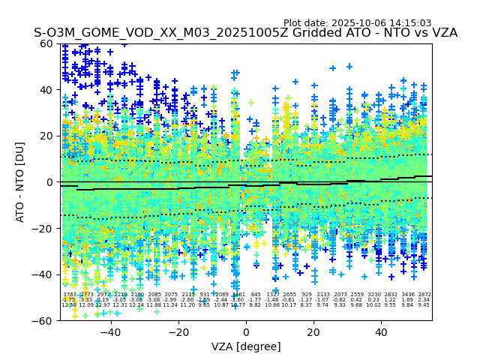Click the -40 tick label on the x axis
pos(110,332)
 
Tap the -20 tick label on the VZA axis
pos(178,332)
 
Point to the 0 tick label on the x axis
pos(246,332)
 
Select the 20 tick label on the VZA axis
pos(313,332)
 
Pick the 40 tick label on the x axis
pos(381,332)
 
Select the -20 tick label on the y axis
pos(46,228)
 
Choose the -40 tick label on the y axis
pos(46,274)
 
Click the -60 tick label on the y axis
pos(46,320)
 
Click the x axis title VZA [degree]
pos(246,346)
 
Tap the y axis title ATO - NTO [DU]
pos(20,182)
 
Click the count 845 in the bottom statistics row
pos(256,295)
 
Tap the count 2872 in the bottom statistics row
pos(424,295)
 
